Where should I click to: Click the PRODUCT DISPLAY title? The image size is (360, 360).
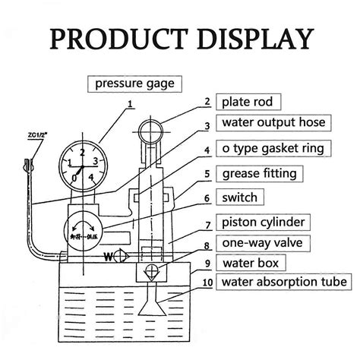click(180, 37)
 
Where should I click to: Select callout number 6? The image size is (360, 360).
click(207, 198)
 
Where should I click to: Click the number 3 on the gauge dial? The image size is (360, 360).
click(93, 161)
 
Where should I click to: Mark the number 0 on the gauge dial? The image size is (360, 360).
click(76, 178)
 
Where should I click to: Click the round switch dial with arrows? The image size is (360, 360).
click(85, 225)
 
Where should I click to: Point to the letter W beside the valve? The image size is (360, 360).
click(108, 255)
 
